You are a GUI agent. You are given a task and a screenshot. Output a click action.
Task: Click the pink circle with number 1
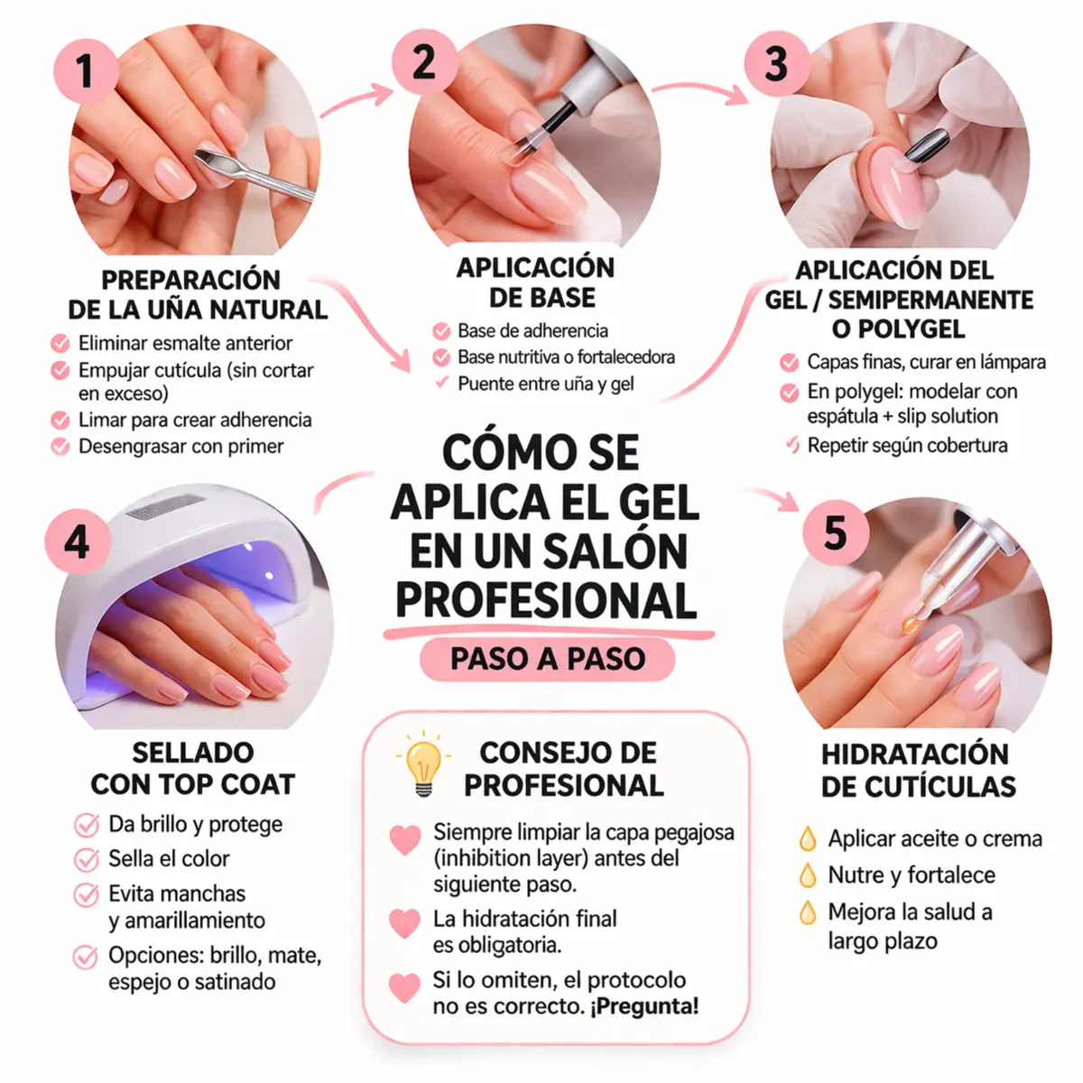point(86,69)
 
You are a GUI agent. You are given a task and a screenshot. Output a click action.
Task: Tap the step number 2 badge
point(423,61)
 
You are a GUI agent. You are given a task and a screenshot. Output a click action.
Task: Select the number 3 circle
point(776,64)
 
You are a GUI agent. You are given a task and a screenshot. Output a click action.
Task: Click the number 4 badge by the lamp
point(78,541)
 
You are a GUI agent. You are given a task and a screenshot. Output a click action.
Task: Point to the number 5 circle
point(836,532)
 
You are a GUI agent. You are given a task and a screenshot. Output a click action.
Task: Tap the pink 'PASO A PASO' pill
point(547,659)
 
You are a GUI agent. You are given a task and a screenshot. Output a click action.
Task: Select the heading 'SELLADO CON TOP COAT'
point(192,768)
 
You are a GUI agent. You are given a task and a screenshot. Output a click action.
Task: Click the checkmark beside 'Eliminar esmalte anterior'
point(60,344)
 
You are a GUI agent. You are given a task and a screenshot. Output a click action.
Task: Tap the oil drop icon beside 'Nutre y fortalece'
point(808,875)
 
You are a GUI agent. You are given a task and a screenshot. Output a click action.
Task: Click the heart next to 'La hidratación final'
point(404,923)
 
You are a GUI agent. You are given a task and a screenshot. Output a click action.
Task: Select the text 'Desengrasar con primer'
point(180,447)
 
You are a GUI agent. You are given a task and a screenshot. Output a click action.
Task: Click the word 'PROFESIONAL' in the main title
point(546,601)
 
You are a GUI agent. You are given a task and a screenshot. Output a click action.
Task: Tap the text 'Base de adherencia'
point(532,330)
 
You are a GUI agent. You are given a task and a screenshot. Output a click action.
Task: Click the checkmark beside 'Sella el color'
point(87,859)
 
